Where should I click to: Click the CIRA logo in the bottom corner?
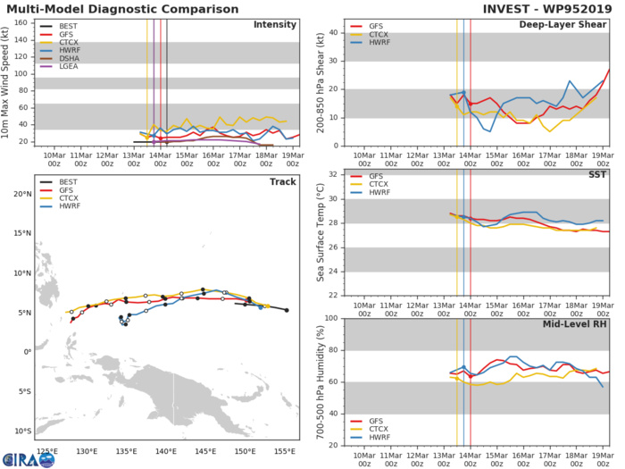[20, 458]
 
